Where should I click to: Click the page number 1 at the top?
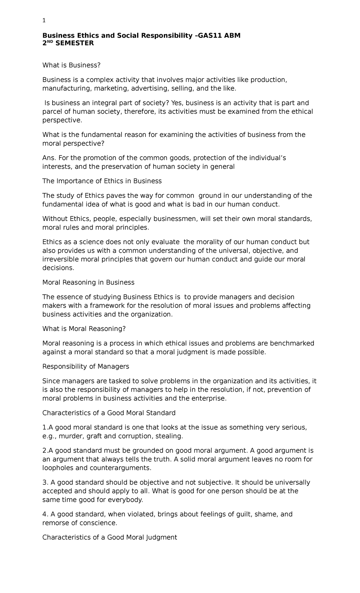point(44,21)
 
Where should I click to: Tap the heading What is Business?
point(71,65)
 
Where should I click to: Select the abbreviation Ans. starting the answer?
point(49,158)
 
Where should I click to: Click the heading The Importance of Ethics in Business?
point(102,181)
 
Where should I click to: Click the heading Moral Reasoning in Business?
point(88,282)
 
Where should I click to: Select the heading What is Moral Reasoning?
point(84,329)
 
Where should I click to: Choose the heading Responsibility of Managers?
point(85,366)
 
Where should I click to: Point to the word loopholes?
point(57,468)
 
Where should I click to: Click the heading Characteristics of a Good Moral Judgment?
point(110,537)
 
